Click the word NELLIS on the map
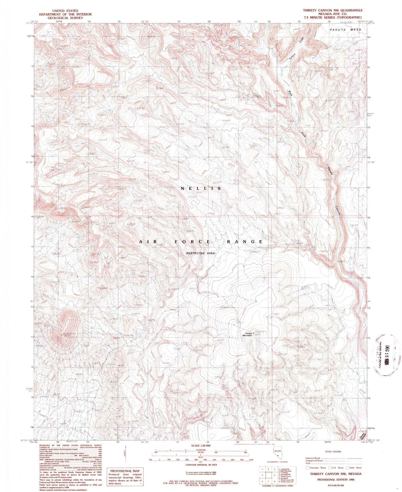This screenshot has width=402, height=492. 201,188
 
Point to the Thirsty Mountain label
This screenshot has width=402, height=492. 247,334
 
